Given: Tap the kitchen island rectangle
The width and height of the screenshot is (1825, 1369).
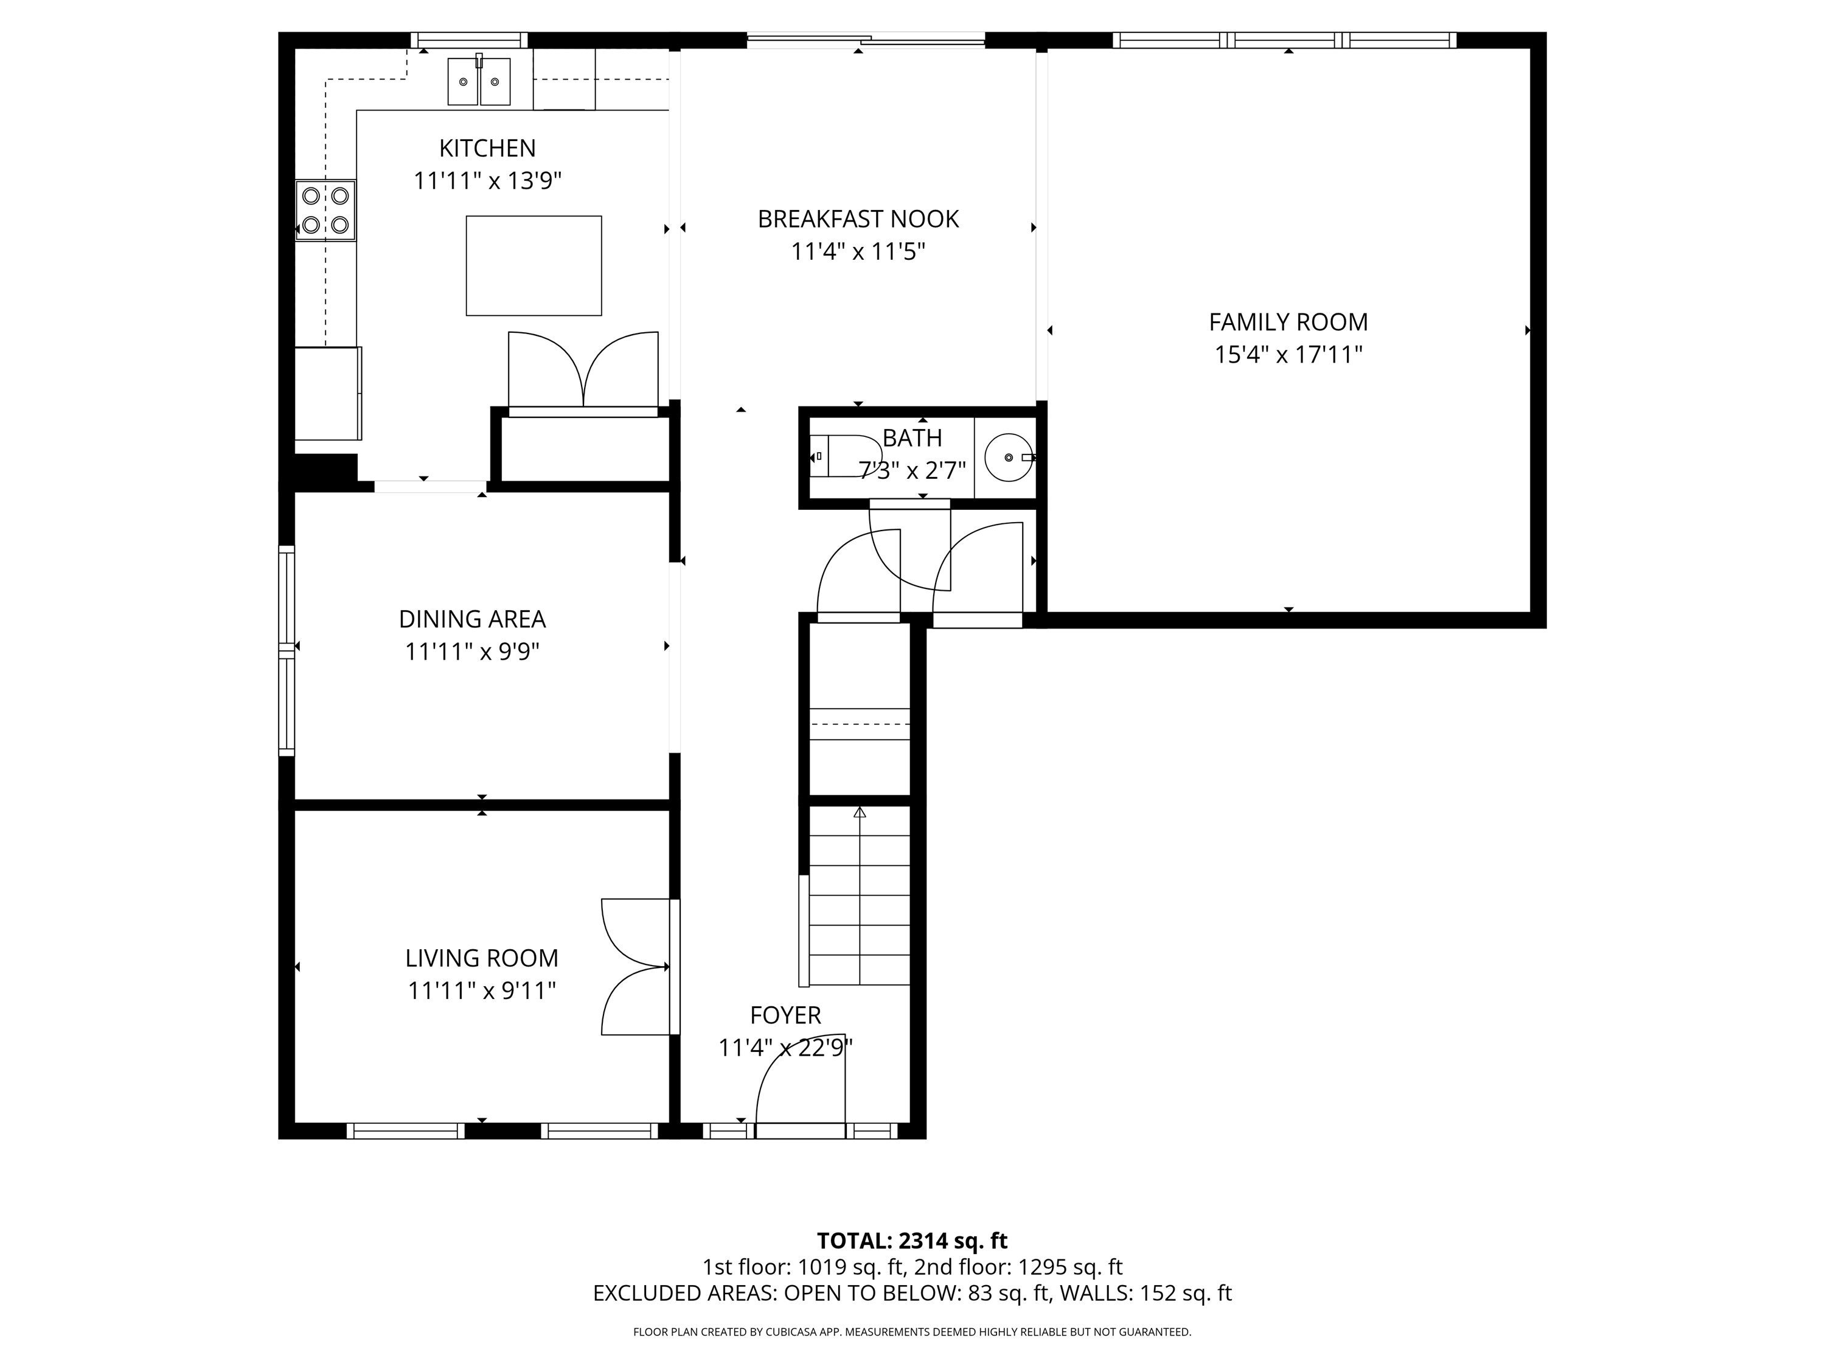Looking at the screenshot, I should coord(533,266).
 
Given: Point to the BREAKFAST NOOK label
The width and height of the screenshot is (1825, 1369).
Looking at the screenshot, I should coord(858,220).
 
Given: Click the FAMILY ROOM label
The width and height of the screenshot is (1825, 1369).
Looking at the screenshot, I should coord(1288,322).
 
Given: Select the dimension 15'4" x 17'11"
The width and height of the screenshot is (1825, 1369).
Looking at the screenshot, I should coord(1288,355).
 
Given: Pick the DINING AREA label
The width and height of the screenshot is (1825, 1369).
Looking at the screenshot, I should coord(472,619).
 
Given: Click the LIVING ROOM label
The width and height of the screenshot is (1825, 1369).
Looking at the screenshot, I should coord(482,958).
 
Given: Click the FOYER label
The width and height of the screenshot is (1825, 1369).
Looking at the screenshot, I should coord(785,1015).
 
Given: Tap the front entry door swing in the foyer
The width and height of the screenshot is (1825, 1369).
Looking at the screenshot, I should coord(801,1081).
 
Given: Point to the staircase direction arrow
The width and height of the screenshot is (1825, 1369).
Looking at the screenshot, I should coord(860,813).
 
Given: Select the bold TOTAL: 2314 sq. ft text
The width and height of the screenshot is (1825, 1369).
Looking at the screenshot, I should coord(912,1240).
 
